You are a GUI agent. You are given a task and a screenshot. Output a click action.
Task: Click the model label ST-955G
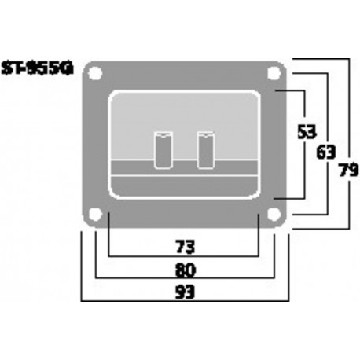click(x=38, y=68)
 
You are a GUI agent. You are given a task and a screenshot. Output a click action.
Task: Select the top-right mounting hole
click(x=274, y=73)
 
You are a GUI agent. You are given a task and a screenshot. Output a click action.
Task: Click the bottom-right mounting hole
click(x=274, y=215)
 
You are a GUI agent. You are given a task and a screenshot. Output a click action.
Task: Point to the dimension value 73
click(x=185, y=246)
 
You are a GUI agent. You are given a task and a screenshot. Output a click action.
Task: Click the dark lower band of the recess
click(x=185, y=185)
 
